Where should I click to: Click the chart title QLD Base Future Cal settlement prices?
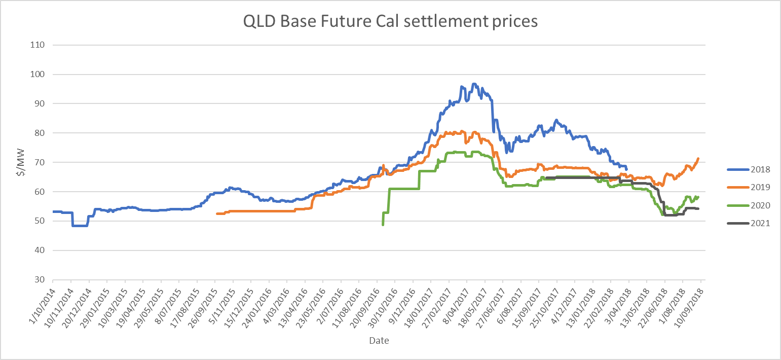390,21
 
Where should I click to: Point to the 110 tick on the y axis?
38,45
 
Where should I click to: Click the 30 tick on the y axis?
40,280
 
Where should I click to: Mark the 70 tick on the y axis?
40,162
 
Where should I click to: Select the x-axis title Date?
379,341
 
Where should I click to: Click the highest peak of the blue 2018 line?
474,84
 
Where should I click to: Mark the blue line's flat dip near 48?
80,226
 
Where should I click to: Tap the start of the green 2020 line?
383,225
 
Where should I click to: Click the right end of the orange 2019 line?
698,158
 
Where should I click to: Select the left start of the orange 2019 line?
217,213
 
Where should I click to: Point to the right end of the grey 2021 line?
699,208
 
